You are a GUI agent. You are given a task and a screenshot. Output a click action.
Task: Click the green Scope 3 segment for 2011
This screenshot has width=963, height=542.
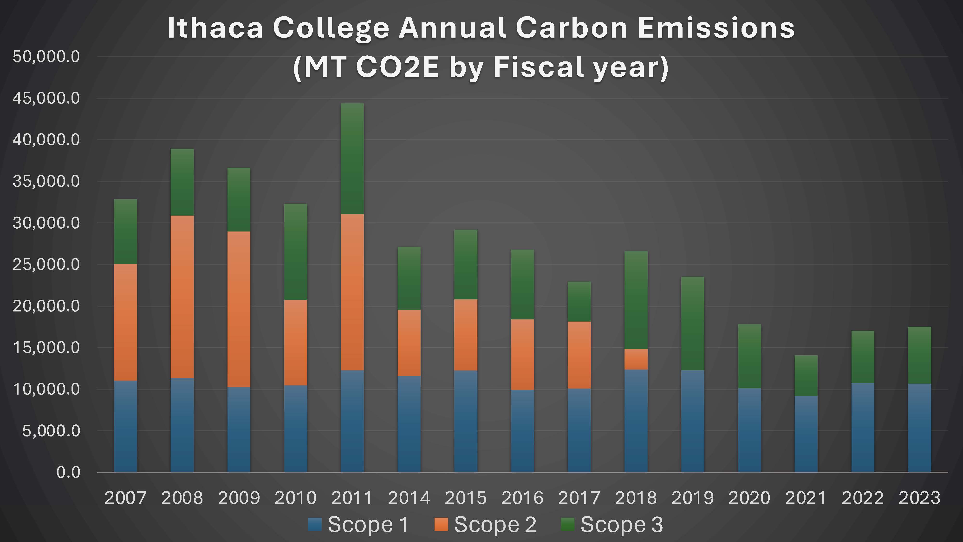[x=352, y=159]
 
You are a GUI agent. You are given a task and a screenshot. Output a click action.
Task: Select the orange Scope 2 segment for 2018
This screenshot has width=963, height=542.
[x=636, y=359]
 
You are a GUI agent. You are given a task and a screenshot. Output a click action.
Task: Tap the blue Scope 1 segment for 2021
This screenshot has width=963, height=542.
[x=806, y=434]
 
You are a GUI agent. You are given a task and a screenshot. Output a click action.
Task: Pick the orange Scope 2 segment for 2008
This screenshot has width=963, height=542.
[x=182, y=297]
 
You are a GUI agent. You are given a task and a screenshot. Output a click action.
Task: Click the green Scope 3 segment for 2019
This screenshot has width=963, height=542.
[x=693, y=324]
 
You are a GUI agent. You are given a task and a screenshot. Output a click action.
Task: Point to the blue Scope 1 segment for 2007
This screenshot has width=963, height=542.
[x=125, y=426]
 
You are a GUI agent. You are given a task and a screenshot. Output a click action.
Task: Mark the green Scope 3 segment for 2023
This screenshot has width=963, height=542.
[x=919, y=355]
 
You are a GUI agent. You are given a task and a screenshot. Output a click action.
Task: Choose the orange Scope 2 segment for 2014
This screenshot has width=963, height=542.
[x=409, y=343]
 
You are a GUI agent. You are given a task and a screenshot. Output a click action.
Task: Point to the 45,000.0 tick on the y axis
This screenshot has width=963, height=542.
[x=46, y=98]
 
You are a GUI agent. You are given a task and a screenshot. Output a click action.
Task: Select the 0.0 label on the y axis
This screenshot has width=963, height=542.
[x=68, y=472]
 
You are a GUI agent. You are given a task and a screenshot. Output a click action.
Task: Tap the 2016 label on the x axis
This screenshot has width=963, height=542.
[x=522, y=498]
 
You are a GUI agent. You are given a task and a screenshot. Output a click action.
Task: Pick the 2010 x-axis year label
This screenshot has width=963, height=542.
[x=295, y=498]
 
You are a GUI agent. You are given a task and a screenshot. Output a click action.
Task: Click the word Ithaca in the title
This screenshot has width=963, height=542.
[x=215, y=28]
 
